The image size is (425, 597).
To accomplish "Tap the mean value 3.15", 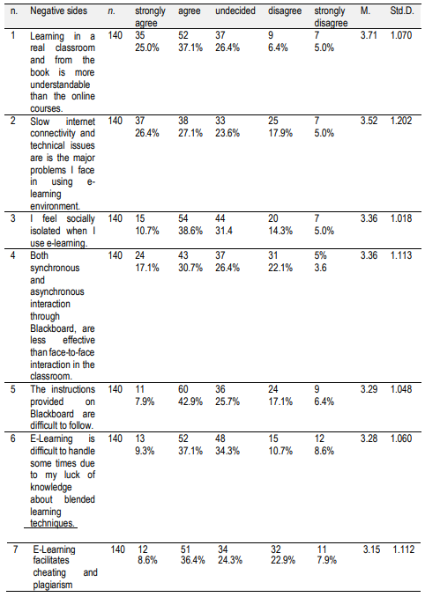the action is pyautogui.click(x=371, y=549).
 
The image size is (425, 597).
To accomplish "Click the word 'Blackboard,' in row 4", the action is pyautogui.click(x=56, y=317).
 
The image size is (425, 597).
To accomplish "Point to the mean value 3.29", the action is pyautogui.click(x=369, y=387).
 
